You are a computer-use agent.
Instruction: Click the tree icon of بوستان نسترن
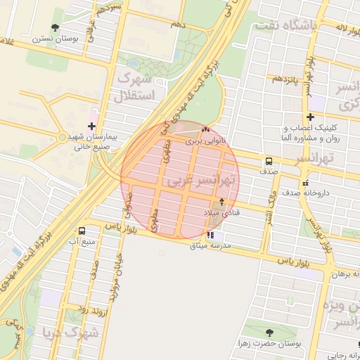[x=56, y=27]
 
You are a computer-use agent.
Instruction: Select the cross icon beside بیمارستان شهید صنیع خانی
[x=91, y=126]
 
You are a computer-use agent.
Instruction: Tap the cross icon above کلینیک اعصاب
[x=309, y=117]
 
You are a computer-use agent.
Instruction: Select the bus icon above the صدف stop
[x=269, y=160]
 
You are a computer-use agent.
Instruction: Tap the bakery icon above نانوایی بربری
[x=205, y=130]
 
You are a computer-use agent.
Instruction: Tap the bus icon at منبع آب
[x=82, y=231]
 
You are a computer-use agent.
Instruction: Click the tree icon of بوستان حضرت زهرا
[x=269, y=333]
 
